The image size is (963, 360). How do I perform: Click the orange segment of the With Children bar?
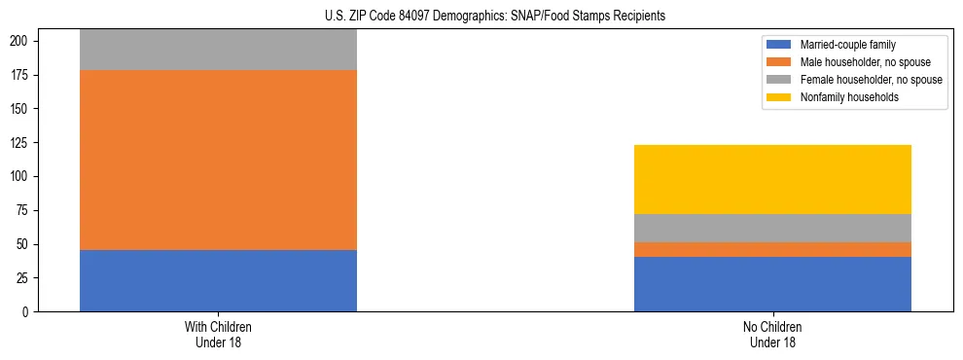(218, 160)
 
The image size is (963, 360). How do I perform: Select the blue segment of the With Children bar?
(218, 280)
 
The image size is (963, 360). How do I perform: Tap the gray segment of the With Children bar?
(218, 50)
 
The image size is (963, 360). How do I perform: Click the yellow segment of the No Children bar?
(772, 179)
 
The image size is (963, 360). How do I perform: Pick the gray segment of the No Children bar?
(772, 228)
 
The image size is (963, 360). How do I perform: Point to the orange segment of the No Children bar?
(772, 249)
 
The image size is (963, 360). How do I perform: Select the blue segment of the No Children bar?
(772, 284)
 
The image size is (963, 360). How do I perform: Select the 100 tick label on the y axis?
(24, 177)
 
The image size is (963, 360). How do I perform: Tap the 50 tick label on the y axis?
(27, 244)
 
